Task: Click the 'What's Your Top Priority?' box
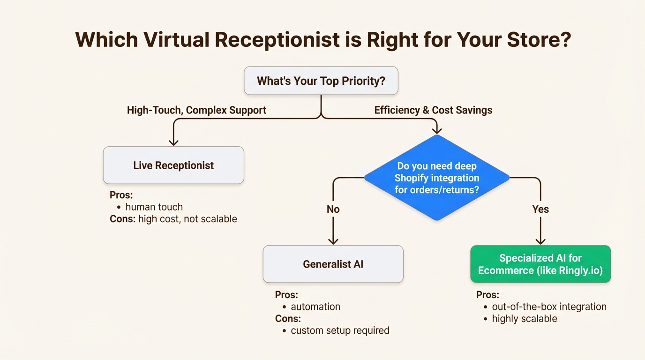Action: pyautogui.click(x=321, y=81)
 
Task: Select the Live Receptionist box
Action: pyautogui.click(x=173, y=165)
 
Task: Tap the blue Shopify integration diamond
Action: pyautogui.click(x=436, y=178)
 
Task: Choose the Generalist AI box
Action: pyautogui.click(x=333, y=264)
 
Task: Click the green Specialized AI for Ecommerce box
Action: pyautogui.click(x=540, y=264)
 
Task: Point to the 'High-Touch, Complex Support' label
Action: pyautogui.click(x=196, y=110)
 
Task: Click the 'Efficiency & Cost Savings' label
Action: pyautogui.click(x=433, y=110)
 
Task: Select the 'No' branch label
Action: pyautogui.click(x=333, y=209)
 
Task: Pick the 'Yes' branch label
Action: pyautogui.click(x=540, y=209)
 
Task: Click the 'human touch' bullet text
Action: pyautogui.click(x=154, y=207)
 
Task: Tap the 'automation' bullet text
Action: pyautogui.click(x=315, y=307)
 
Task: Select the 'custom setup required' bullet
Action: pyautogui.click(x=340, y=330)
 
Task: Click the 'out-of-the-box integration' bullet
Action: pyautogui.click(x=549, y=307)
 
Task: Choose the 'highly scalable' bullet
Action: pyautogui.click(x=524, y=319)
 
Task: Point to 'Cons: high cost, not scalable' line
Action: pyautogui.click(x=173, y=219)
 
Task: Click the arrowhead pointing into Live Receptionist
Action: pyautogui.click(x=173, y=142)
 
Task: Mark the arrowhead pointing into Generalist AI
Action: pyautogui.click(x=333, y=240)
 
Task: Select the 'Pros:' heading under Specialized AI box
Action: pyautogui.click(x=487, y=295)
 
